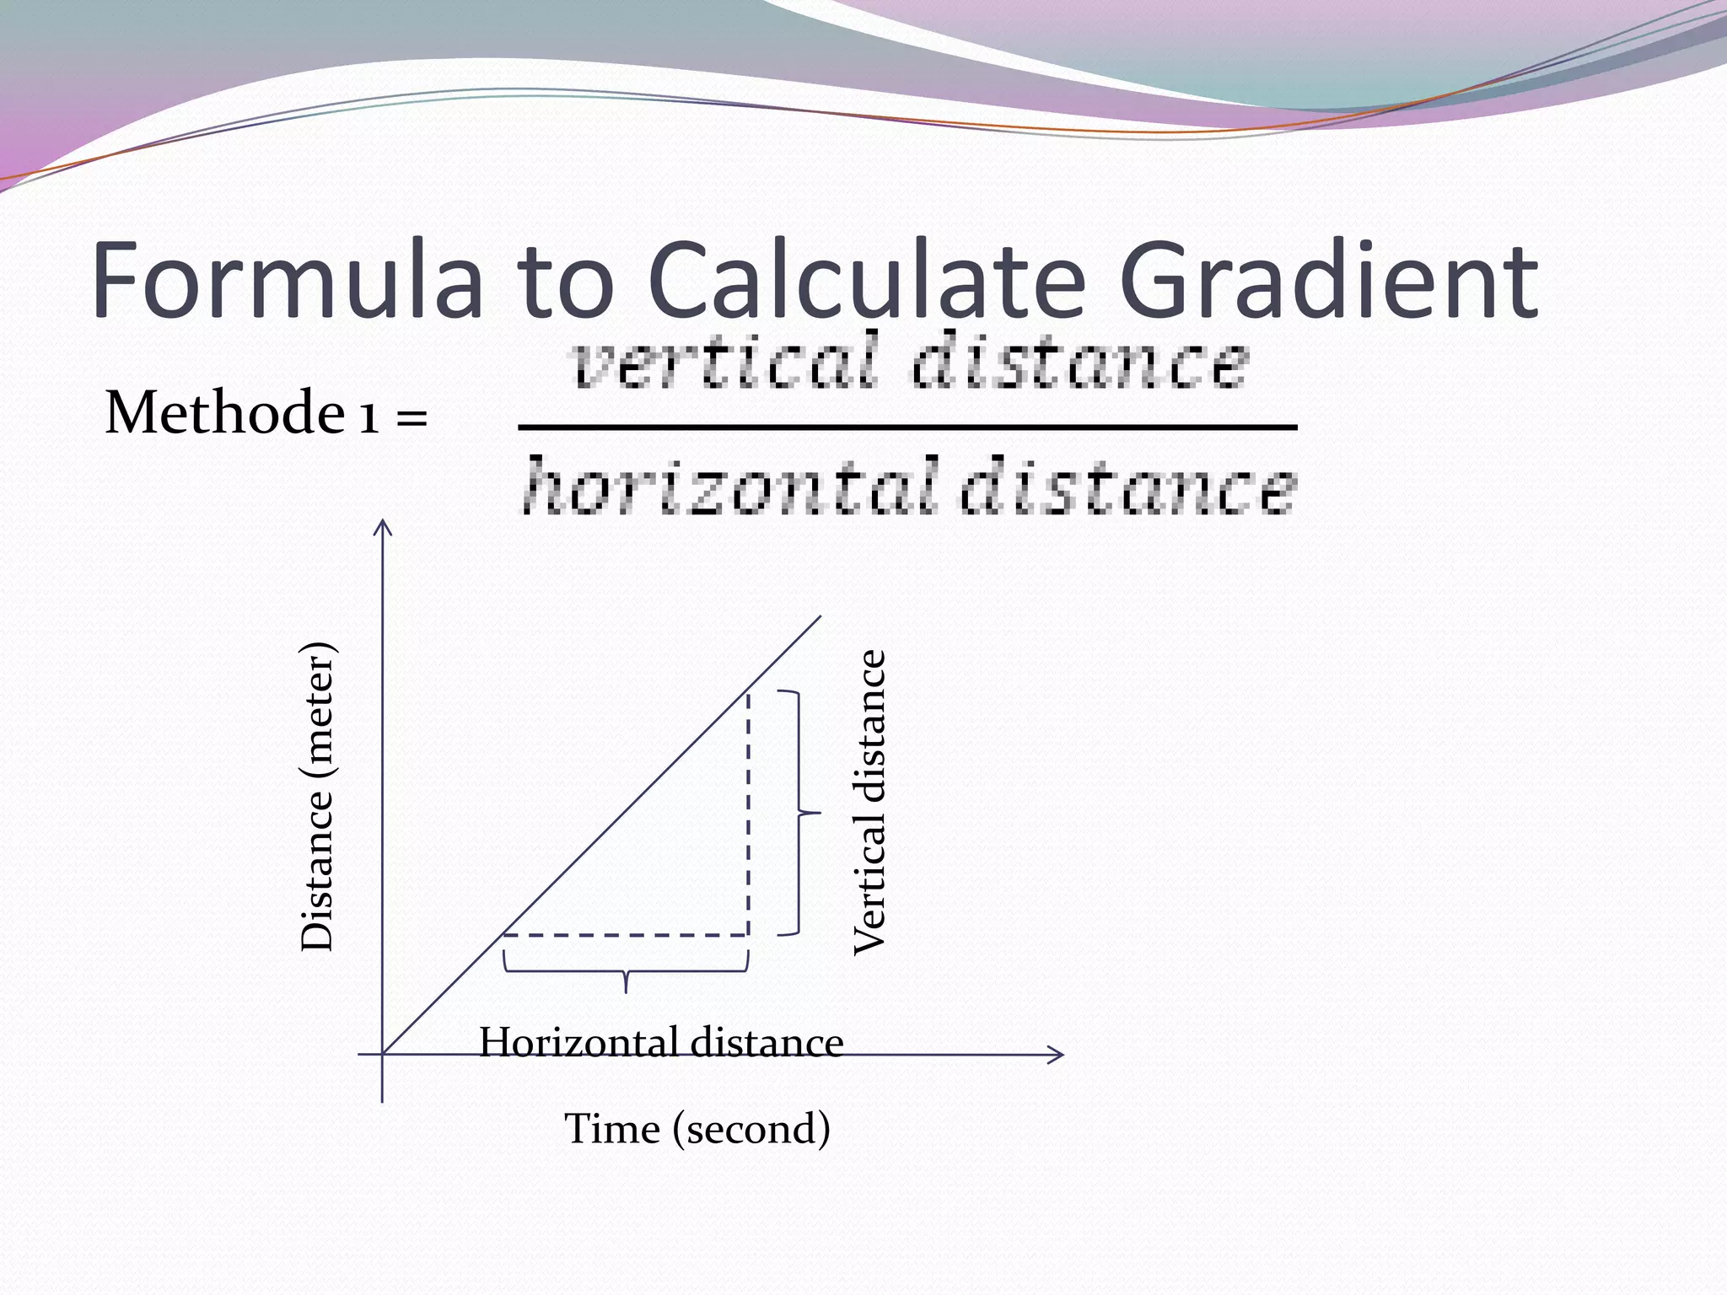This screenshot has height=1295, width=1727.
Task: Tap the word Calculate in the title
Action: [867, 280]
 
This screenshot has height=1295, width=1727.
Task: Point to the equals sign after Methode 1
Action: [412, 416]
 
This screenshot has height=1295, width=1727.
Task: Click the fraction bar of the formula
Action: [907, 427]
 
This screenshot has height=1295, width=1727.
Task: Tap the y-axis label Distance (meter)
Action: [319, 797]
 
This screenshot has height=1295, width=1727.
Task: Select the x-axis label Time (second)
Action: [697, 1128]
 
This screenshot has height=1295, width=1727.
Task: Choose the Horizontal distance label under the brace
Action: [661, 1043]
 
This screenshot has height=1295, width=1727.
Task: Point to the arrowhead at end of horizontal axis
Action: [1057, 1054]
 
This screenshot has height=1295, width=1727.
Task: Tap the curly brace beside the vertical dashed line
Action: [798, 814]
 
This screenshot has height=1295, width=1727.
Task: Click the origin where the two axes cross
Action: [383, 1054]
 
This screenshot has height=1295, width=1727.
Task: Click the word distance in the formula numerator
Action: [1079, 363]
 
